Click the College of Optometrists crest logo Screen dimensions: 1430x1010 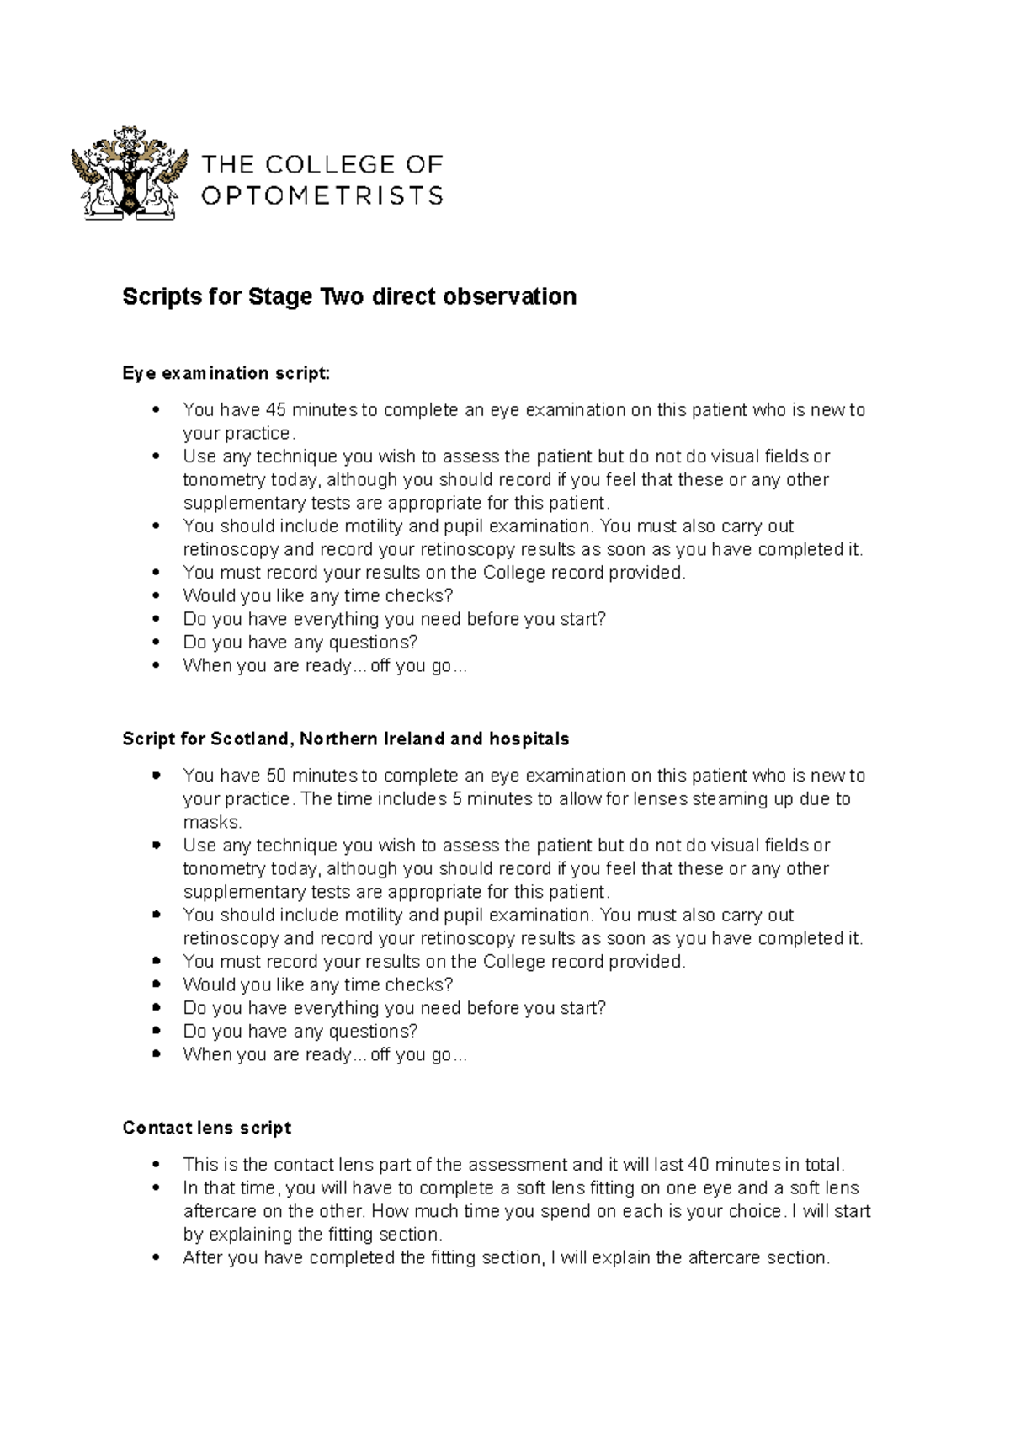(x=129, y=173)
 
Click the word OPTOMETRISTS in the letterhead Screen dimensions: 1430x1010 (x=322, y=196)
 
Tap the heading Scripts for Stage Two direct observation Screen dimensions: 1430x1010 (x=349, y=296)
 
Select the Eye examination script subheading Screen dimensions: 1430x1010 (x=226, y=372)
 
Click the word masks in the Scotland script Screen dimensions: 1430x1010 (x=211, y=822)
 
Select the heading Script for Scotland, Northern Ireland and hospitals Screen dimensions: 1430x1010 (x=345, y=739)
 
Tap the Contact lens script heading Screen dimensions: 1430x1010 (x=206, y=1128)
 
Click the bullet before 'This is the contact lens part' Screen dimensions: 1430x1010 (x=156, y=1166)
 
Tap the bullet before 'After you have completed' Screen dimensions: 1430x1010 (x=156, y=1258)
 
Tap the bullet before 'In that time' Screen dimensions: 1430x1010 (x=156, y=1188)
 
